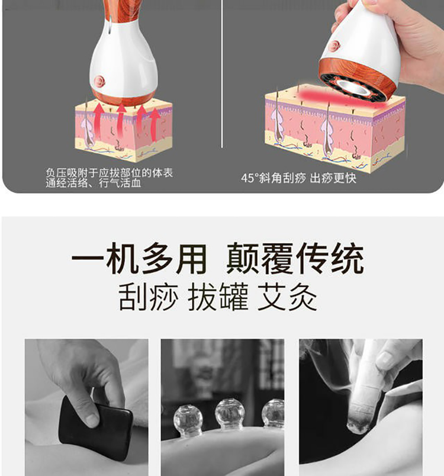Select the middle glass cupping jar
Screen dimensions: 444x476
[x=226, y=414]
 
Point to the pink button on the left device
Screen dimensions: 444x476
[x=99, y=81]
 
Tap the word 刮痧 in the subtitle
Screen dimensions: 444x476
[x=148, y=297]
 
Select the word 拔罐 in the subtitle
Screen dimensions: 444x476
[x=218, y=297]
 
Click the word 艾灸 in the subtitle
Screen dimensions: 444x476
[x=287, y=297]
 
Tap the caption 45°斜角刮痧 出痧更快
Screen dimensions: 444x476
[x=298, y=178]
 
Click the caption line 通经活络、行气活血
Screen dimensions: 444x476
[x=94, y=183]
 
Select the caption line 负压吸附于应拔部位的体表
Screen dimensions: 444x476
[x=110, y=173]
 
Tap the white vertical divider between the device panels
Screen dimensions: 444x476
[x=222, y=74]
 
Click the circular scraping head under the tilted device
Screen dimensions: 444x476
[x=353, y=86]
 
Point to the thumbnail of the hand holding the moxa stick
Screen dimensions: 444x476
[x=361, y=407]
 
